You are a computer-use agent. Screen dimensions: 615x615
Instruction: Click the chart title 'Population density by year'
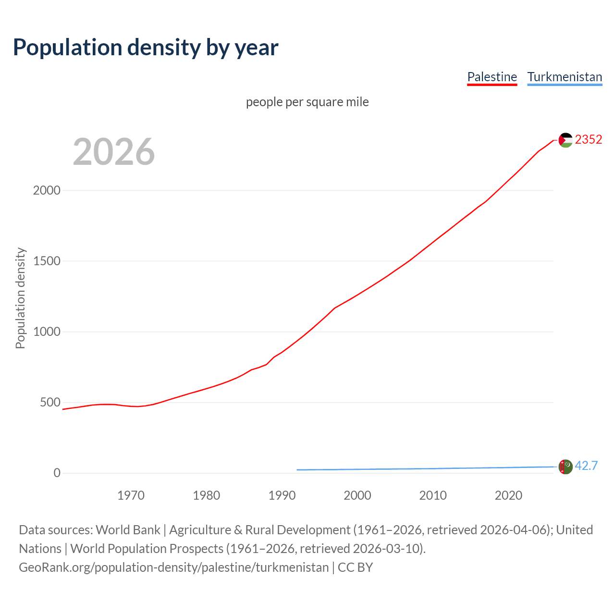coord(146,48)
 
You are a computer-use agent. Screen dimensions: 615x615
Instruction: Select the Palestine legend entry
coord(492,77)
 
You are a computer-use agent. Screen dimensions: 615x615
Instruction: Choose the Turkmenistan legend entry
coord(565,77)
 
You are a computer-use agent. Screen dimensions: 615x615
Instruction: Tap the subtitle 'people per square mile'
coord(307,102)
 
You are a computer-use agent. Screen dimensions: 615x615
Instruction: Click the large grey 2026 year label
coord(114,152)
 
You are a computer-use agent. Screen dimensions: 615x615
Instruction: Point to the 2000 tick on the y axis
coord(47,191)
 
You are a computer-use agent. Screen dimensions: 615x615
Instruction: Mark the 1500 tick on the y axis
coord(47,261)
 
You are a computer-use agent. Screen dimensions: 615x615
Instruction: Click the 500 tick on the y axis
coord(50,403)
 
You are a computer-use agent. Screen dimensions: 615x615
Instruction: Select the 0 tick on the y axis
coord(57,473)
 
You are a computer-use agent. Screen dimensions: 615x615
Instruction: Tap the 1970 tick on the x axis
coord(131,495)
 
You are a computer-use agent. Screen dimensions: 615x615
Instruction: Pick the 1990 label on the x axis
coord(282,495)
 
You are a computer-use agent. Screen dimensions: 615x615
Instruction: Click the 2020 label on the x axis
coord(508,495)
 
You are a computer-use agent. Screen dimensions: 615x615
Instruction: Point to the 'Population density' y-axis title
coord(20,298)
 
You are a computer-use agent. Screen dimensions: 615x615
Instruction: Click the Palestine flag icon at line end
coord(566,140)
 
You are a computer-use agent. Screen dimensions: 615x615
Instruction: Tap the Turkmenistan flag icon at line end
coord(566,467)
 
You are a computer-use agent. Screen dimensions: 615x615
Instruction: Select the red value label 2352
coord(588,140)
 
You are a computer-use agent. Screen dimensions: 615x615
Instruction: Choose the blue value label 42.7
coord(586,466)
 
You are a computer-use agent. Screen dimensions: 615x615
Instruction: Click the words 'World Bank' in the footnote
coord(128,530)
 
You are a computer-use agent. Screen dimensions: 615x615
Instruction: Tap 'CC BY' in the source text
coord(355,567)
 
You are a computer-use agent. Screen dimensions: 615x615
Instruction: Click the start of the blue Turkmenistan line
coord(297,470)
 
